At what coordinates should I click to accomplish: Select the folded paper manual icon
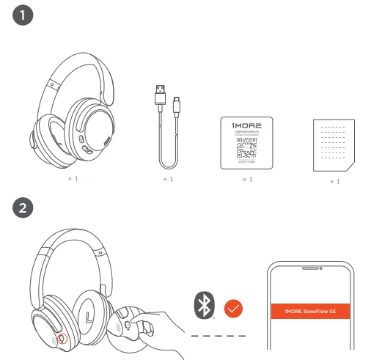point(331,144)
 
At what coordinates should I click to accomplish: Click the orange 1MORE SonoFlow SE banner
point(309,312)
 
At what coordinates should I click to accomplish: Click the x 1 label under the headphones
point(72,178)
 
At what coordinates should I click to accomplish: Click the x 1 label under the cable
point(166,179)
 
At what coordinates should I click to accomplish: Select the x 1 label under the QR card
point(247,179)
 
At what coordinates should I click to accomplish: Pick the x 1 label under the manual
point(334,181)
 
